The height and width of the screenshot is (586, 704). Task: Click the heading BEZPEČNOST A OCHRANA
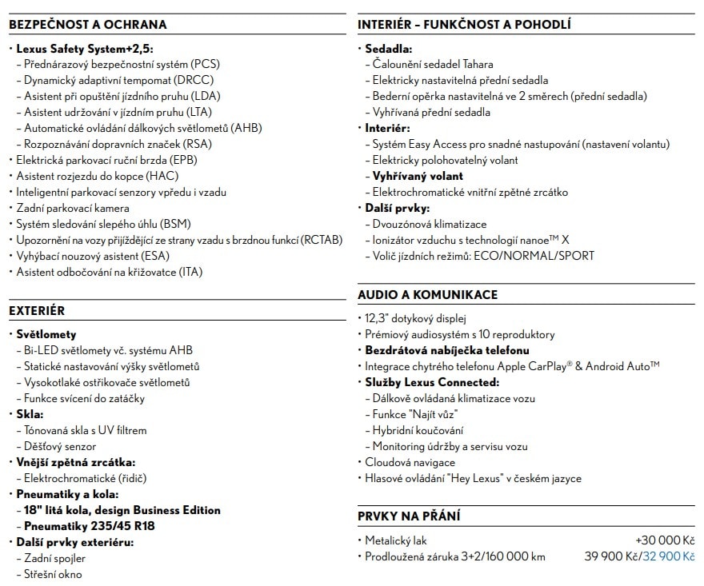(87, 25)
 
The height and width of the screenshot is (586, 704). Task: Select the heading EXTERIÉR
(37, 310)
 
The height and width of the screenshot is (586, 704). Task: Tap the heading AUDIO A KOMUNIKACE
(427, 294)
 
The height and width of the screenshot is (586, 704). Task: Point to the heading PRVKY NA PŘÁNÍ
(408, 516)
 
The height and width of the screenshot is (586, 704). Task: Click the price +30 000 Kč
(665, 540)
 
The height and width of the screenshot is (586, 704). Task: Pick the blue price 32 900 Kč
(669, 556)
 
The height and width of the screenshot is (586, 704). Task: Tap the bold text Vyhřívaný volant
(418, 176)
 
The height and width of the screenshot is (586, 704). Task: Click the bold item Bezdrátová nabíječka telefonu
(447, 350)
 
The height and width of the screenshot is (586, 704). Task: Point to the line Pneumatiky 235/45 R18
(90, 526)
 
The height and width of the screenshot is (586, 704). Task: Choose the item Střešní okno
(53, 574)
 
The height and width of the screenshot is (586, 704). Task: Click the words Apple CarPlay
(533, 366)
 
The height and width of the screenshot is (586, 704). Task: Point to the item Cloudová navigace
(410, 462)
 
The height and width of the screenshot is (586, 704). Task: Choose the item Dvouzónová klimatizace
(429, 224)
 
